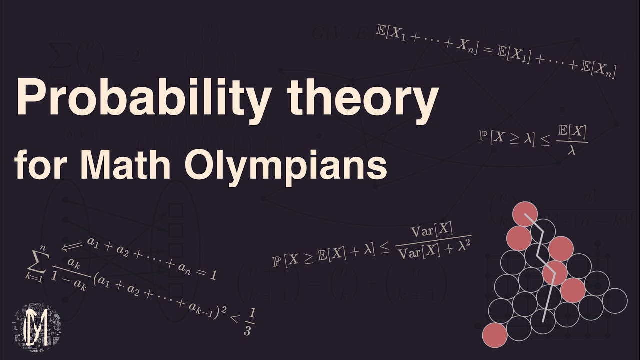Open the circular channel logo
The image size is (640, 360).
(37, 327)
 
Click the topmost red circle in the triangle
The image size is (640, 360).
(525, 214)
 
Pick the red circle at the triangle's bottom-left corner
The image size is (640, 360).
(495, 334)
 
